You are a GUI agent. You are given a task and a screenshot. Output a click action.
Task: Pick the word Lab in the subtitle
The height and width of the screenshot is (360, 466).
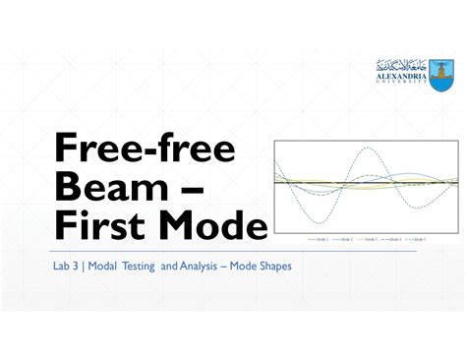tap(64, 265)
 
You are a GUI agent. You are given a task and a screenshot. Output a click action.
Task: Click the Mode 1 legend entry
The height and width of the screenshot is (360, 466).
tap(317, 239)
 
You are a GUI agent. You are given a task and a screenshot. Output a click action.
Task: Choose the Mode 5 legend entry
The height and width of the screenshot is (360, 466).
tap(417, 239)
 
